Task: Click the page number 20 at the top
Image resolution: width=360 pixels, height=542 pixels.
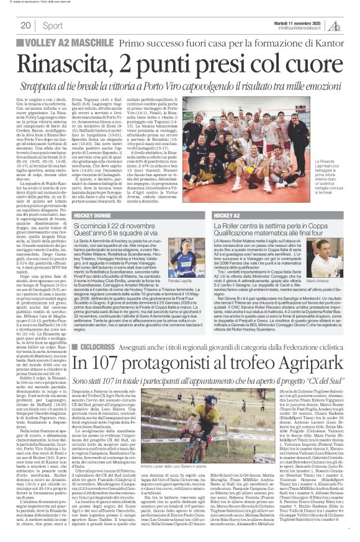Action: coord(26,25)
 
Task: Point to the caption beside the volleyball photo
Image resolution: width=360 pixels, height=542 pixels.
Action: coord(332,186)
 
